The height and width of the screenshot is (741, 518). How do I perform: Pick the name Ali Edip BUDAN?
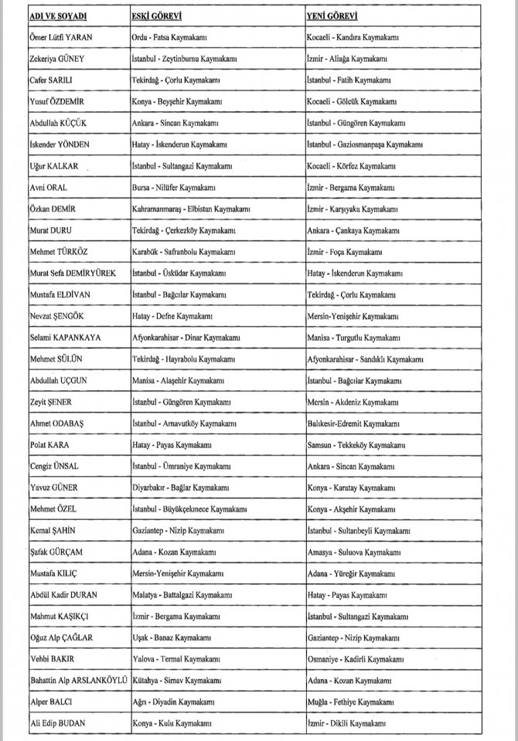click(59, 722)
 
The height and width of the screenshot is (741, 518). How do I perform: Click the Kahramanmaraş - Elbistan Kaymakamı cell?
click(192, 209)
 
